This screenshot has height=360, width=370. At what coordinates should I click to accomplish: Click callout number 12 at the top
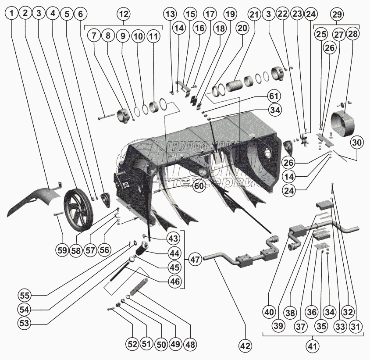coord(123,14)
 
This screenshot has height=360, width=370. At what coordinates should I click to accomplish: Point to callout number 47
coord(195,259)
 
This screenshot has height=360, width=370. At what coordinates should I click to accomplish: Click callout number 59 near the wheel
coord(62,251)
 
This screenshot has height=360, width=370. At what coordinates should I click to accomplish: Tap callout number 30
coord(357,142)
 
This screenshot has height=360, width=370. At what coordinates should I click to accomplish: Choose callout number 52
coord(132,344)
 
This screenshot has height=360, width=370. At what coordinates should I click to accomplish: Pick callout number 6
coord(80,14)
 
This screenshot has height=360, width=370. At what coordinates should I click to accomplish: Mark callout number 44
coord(174,253)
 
